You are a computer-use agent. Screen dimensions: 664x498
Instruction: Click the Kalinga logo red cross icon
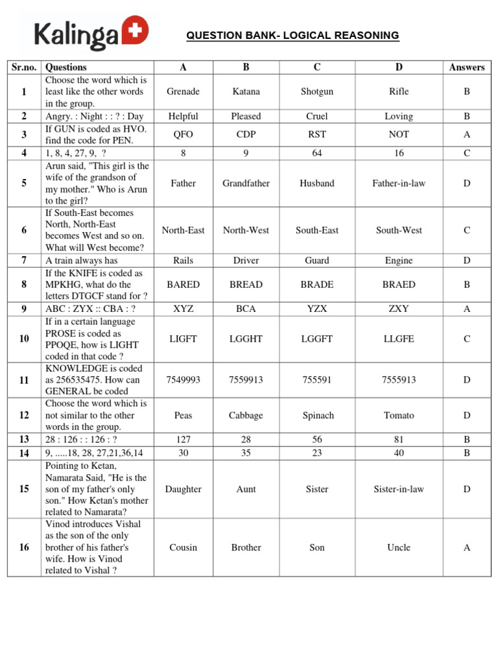click(137, 29)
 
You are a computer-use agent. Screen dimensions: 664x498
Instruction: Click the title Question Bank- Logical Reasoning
click(292, 35)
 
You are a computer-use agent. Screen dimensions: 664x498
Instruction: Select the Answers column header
click(466, 67)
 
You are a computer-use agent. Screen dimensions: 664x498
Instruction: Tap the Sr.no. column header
click(24, 67)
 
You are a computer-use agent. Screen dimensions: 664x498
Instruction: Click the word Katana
click(246, 91)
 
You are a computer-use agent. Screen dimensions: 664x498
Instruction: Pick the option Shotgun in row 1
click(317, 91)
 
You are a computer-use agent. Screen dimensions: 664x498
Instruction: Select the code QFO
click(183, 134)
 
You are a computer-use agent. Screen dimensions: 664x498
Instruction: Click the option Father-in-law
click(399, 184)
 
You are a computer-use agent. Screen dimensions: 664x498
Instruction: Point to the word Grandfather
click(246, 184)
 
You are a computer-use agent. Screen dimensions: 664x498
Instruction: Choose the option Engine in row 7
click(399, 261)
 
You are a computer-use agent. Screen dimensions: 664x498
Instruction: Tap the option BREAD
click(246, 285)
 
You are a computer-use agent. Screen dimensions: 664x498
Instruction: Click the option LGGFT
click(317, 339)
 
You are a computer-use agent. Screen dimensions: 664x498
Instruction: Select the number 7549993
click(183, 380)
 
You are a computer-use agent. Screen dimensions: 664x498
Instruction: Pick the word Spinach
click(317, 415)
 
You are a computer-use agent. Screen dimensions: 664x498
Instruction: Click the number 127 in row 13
click(183, 439)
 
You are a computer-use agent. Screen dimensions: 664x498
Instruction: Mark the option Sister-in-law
click(399, 489)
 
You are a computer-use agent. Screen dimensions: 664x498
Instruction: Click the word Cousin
click(183, 547)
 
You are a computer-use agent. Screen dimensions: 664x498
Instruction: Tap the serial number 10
click(24, 339)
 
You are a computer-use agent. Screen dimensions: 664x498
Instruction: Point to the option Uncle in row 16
click(399, 547)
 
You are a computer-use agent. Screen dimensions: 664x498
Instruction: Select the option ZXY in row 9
click(399, 309)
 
